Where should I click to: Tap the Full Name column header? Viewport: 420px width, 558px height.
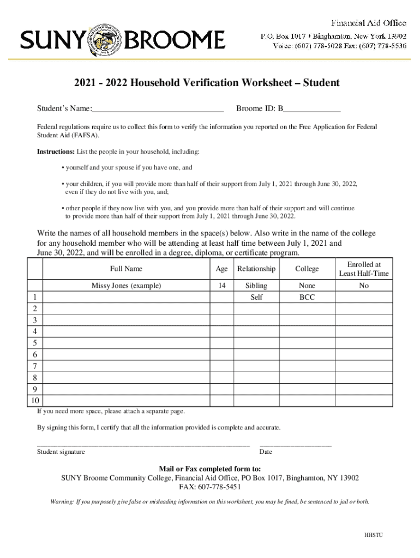(x=126, y=269)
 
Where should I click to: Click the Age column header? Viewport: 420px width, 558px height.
(x=221, y=269)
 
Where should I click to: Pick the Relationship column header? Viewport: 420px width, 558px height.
(x=256, y=269)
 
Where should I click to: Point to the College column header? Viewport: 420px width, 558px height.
(x=307, y=269)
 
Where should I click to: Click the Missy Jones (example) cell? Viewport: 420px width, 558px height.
(x=126, y=286)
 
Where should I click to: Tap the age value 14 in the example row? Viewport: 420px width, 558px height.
(x=221, y=286)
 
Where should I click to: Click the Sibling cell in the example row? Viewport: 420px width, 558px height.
(x=256, y=286)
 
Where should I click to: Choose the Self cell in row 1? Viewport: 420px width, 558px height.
(x=256, y=298)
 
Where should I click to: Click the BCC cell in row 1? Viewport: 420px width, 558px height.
(x=307, y=298)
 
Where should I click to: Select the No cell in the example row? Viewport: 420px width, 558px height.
(x=364, y=286)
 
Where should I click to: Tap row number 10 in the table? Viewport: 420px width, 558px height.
(x=35, y=401)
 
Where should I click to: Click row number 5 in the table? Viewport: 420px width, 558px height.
(x=35, y=343)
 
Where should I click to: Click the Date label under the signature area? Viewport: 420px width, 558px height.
(x=266, y=452)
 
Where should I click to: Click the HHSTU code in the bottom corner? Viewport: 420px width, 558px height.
(x=374, y=535)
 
